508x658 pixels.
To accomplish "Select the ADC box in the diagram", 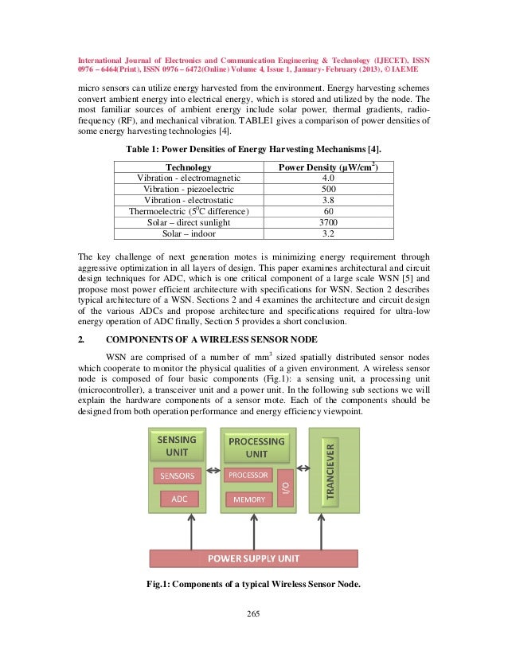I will point(180,499).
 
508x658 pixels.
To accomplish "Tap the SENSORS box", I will point(177,476).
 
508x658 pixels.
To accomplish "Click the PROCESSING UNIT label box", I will point(256,447).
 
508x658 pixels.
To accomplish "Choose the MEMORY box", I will point(248,499).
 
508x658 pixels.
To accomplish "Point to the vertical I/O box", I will point(286,487).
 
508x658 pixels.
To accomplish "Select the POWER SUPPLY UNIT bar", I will point(254,558).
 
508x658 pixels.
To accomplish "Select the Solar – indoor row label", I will point(188,233).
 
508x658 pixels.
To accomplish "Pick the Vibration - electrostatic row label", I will point(188,200).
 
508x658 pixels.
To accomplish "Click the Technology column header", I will point(188,166).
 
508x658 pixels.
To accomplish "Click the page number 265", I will point(254,613).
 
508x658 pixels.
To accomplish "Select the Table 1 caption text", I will point(253,149).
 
